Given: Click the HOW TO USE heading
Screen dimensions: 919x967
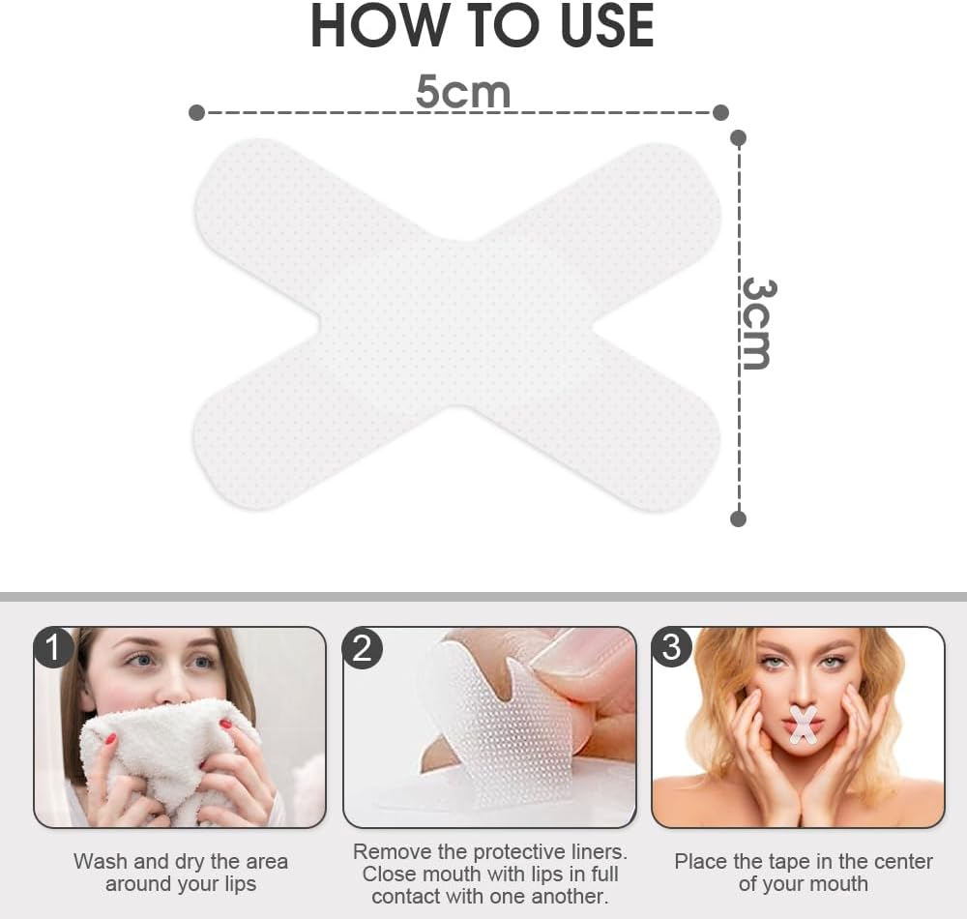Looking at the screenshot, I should (483, 27).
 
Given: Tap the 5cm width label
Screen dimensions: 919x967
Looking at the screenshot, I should (462, 92).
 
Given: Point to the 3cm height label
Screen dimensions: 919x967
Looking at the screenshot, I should (756, 323).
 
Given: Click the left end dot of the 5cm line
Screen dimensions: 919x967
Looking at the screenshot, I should (196, 113).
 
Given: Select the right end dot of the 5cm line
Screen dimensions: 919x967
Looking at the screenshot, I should (720, 113).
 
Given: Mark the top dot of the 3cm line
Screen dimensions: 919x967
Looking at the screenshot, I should (739, 137).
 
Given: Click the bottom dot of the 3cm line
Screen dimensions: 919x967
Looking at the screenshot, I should (739, 519).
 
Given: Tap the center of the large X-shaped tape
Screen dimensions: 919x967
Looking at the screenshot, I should (456, 324).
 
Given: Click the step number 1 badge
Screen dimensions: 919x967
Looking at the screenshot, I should (53, 647).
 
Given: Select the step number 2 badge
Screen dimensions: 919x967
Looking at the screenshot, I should (362, 647).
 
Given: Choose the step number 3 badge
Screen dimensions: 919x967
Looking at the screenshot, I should (671, 647).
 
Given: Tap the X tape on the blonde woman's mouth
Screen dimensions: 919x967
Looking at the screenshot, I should (803, 725).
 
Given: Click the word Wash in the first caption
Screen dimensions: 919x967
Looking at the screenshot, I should (101, 861).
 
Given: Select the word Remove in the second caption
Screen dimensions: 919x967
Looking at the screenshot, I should (394, 852).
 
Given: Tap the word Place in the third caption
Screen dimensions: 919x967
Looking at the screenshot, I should (702, 861).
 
